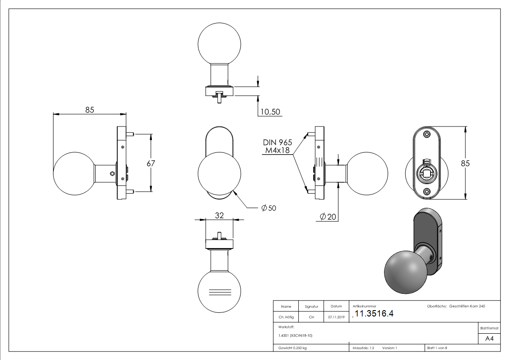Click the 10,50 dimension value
point(270,112)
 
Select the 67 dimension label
point(150,163)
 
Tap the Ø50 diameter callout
point(269,208)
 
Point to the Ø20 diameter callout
point(328,217)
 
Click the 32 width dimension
point(219,215)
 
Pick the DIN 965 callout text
point(277,142)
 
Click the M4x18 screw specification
point(277,150)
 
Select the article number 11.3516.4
point(374,313)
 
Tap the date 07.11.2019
point(336,317)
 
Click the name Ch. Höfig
point(286,317)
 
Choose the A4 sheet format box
point(489,339)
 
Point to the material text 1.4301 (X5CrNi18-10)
point(295,336)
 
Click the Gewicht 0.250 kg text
point(292,348)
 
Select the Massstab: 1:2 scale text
point(363,348)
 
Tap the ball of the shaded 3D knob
point(406,272)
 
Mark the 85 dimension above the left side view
point(90,110)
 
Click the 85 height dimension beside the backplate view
point(465,163)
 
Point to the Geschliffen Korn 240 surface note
point(467,306)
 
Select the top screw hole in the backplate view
point(427,134)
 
